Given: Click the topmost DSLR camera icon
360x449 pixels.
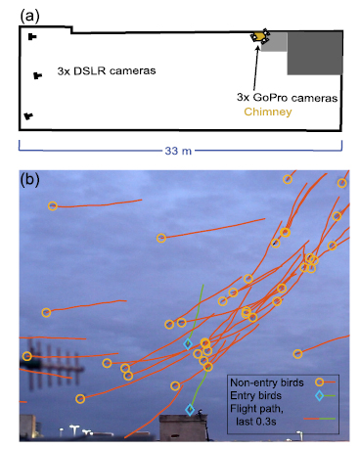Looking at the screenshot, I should click(32, 37).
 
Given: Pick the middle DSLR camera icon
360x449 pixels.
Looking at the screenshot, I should click(38, 75).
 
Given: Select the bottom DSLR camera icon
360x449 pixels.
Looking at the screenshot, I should click(29, 115).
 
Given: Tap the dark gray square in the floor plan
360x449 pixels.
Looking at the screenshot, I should click(314, 52).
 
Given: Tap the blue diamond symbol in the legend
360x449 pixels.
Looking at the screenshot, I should click(319, 395).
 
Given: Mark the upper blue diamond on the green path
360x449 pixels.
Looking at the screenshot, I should click(188, 343).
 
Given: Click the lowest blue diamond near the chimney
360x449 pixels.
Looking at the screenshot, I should click(190, 410).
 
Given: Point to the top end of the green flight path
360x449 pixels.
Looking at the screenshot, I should click(202, 286).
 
